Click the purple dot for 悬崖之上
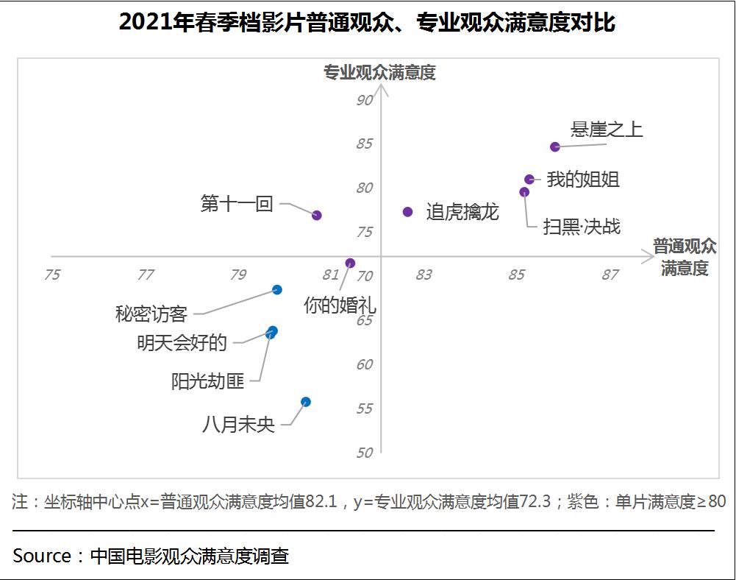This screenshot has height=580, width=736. point(555,146)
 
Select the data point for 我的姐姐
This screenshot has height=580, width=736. point(529,179)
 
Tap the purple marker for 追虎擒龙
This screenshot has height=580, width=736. point(408,212)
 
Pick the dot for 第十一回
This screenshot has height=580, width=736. point(317,215)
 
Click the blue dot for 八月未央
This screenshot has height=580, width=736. point(306,402)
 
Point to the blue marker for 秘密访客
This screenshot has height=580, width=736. point(277,290)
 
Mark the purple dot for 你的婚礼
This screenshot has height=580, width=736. point(350,263)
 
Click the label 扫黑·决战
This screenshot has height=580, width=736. point(582,226)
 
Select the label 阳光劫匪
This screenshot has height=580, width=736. point(207,382)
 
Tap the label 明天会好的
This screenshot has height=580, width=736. point(182,343)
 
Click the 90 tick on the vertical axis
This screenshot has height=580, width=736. point(365,100)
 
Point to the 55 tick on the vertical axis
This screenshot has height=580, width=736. point(365,409)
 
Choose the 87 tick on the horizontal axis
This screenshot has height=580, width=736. point(610,275)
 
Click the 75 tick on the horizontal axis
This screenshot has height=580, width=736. point(52,275)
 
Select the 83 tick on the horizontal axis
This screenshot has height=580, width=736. point(424,275)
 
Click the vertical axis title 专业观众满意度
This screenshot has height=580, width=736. point(380,72)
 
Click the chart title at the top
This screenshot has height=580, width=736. point(367,23)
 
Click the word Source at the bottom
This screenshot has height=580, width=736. point(42,556)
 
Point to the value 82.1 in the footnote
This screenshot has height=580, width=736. point(321,502)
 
